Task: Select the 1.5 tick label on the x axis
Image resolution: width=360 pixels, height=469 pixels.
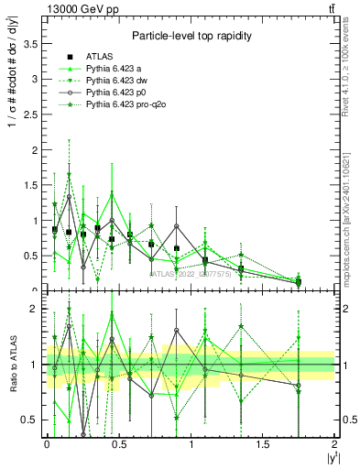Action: pos(262,444)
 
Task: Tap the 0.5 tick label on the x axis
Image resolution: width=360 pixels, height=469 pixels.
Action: pos(118,444)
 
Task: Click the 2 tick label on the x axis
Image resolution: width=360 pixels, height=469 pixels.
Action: pos(335,444)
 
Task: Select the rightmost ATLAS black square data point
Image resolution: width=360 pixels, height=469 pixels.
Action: pos(299,281)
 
